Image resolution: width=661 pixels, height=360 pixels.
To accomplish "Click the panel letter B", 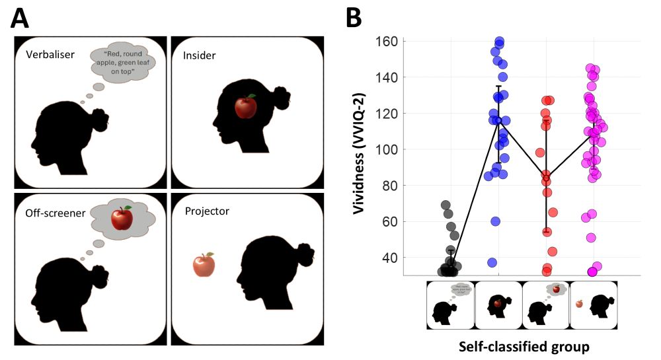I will click(354, 18).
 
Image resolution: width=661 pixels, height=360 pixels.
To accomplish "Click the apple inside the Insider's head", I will click(247, 106).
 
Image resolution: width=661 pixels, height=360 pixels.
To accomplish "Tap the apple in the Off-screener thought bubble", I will click(122, 218).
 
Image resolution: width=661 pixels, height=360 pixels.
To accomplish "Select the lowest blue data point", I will click(492, 262).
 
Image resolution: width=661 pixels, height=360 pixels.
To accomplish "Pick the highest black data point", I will click(446, 205).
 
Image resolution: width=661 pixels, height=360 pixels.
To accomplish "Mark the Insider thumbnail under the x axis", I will click(498, 305).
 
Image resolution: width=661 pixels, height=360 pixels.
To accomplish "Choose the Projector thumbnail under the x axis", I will click(593, 305).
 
